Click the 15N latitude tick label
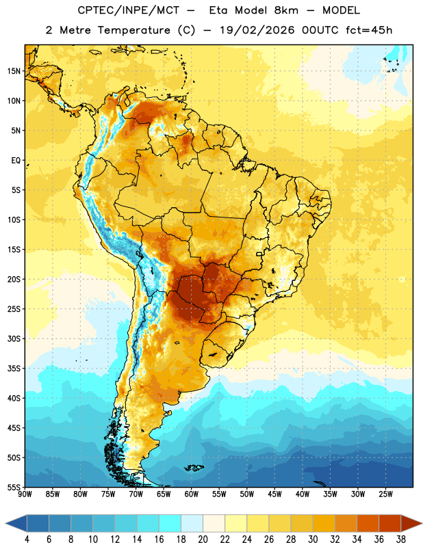click(x=14, y=71)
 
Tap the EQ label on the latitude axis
click(x=16, y=161)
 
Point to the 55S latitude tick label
click(x=14, y=488)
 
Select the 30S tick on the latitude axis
click(x=14, y=338)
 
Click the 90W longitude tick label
click(x=25, y=494)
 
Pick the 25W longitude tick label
click(x=385, y=494)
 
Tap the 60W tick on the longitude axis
click(x=192, y=494)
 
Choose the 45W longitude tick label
click(x=274, y=494)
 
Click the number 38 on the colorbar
click(x=400, y=539)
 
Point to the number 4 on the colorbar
click(x=27, y=539)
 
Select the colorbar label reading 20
click(x=203, y=539)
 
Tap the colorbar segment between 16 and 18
click(x=170, y=523)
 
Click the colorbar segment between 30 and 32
click(x=324, y=523)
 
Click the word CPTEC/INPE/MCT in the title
click(x=129, y=10)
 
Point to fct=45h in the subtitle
click(x=369, y=30)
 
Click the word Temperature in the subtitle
click(x=134, y=30)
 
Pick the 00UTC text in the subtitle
click(x=320, y=30)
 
